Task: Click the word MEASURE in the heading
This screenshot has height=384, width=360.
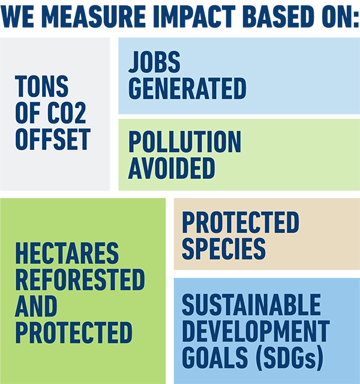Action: click(x=94, y=16)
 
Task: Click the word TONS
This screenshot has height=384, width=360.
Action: click(x=41, y=86)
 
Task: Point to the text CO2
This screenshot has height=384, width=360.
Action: click(x=67, y=113)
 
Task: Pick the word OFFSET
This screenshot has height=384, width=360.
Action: click(x=53, y=139)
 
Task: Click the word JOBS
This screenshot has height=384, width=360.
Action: click(x=155, y=62)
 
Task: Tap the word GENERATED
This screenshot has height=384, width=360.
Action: click(x=187, y=88)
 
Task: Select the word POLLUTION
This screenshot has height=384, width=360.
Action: click(x=185, y=142)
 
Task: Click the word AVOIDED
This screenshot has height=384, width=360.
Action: click(x=172, y=168)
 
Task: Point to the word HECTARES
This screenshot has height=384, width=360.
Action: click(x=67, y=253)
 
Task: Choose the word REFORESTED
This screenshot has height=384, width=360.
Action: click(x=80, y=280)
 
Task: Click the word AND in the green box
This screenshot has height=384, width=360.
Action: click(x=36, y=306)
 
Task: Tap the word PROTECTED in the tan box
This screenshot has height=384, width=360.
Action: click(x=241, y=223)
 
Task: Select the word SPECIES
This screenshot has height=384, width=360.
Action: click(x=224, y=249)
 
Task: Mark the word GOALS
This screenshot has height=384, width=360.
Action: click(x=215, y=358)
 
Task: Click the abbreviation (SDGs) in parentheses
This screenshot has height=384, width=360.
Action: click(x=289, y=358)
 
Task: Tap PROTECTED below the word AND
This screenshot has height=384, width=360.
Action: click(x=74, y=332)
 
